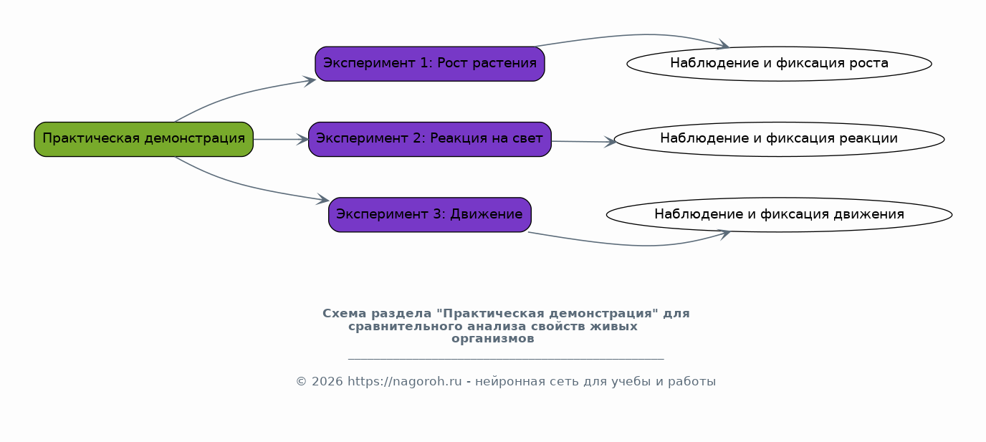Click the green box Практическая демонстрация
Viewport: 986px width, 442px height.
143,139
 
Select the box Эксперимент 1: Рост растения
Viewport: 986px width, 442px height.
430,64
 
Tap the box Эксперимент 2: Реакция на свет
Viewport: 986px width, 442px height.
430,139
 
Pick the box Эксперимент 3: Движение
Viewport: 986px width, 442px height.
430,214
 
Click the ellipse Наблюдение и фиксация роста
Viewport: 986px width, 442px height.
779,64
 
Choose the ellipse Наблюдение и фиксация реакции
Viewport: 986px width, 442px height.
779,139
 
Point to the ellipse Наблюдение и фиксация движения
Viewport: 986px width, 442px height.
779,214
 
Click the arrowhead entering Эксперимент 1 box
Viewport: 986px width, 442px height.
310,81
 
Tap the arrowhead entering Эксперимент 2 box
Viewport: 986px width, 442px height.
302,140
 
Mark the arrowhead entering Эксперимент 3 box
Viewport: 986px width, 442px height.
323,199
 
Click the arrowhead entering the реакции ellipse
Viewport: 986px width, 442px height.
610,142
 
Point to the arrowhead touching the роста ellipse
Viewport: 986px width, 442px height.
723,44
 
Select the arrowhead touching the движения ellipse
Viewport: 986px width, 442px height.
724,234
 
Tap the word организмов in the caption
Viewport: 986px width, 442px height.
492,339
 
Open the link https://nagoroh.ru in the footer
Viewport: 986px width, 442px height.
405,381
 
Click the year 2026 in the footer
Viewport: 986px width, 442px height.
327,381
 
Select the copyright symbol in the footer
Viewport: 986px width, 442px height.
301,382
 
